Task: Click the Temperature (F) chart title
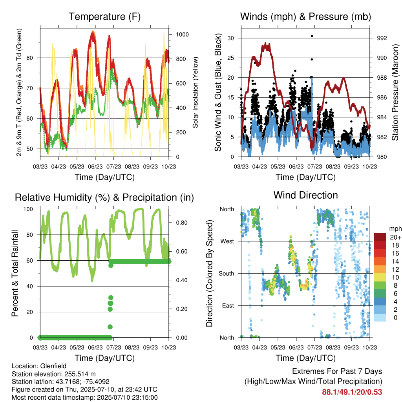coord(104,16)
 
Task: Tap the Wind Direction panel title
coord(305,195)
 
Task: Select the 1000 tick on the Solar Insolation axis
coord(182,35)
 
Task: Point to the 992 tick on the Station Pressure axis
coord(382,38)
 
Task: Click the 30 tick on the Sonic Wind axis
coord(230,38)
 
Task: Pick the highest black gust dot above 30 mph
coord(312,36)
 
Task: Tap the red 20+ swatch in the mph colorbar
coord(380,237)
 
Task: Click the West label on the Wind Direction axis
coord(227,241)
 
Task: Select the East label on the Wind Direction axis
coord(228,305)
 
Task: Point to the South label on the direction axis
coord(227,274)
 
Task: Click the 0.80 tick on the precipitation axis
coord(182,223)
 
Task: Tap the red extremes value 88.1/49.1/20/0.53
coord(352,392)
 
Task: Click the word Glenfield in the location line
coord(53,366)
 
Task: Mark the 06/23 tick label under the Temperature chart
coord(95,166)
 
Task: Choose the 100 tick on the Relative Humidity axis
coord(28,209)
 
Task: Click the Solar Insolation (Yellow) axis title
coord(196,92)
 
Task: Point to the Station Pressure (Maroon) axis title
coord(395,92)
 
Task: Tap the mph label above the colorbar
coord(395,229)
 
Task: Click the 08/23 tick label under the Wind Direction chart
coord(333,347)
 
